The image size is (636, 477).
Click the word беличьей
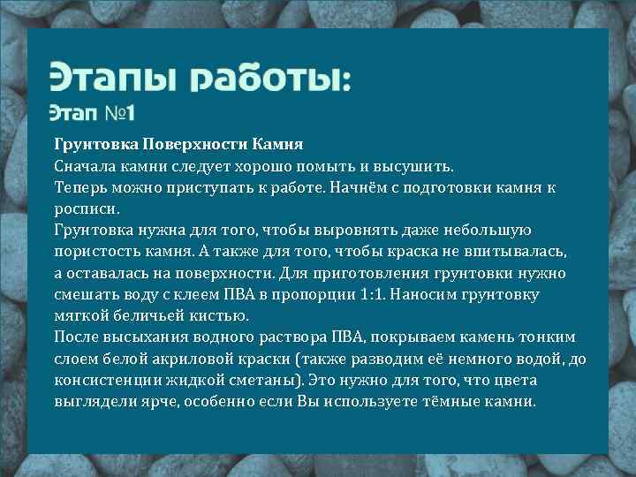(x=150, y=315)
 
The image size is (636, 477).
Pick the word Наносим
(x=453, y=293)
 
